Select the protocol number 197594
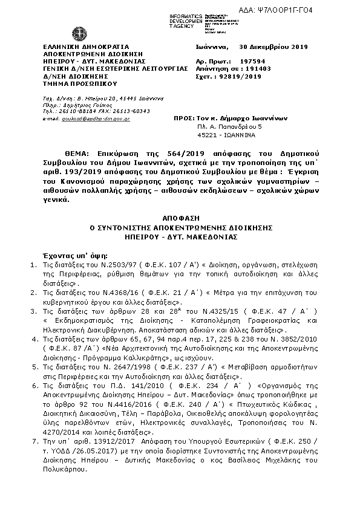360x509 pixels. pyautogui.click(x=253, y=61)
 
